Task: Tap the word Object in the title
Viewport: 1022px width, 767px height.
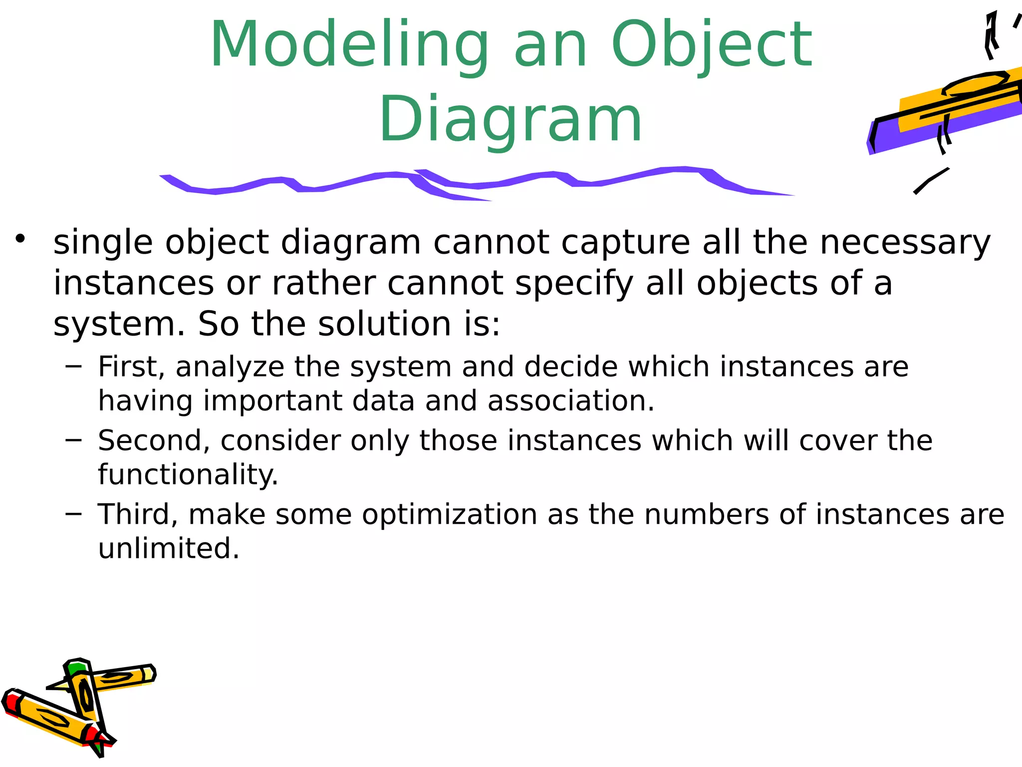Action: (x=712, y=45)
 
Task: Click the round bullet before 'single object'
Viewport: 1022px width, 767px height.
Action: (x=20, y=239)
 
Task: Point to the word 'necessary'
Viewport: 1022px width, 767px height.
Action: (x=905, y=243)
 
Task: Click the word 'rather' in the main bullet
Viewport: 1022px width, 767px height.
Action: (x=324, y=284)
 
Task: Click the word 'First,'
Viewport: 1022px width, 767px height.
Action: (x=131, y=367)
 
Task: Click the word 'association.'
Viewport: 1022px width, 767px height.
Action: (x=571, y=401)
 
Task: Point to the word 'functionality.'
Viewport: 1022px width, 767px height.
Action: (x=188, y=475)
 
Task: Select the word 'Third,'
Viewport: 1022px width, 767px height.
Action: (x=138, y=515)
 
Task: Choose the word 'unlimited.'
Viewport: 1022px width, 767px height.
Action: (x=169, y=549)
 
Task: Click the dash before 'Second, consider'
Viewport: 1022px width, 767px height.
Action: (x=73, y=440)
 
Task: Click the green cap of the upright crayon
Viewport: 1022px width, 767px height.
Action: (x=77, y=668)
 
